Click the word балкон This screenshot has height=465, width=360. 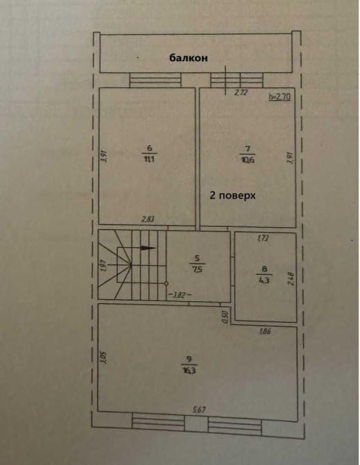click(188, 58)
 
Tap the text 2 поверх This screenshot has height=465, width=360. click(232, 196)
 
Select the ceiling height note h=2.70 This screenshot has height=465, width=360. click(280, 96)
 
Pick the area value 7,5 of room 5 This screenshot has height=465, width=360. click(197, 269)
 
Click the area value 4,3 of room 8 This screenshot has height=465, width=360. click(264, 280)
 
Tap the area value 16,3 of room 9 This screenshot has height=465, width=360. click(189, 370)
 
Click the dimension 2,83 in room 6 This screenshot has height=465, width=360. click(148, 219)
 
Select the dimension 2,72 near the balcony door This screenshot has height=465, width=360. click(241, 93)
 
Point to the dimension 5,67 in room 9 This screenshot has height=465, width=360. click(199, 410)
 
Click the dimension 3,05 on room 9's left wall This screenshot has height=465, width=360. click(103, 357)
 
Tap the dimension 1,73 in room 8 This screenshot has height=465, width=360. click(263, 237)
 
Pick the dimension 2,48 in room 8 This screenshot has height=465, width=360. click(291, 279)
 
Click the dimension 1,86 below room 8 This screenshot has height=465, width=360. click(265, 331)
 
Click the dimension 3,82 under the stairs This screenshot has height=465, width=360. click(180, 295)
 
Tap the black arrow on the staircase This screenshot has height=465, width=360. click(147, 248)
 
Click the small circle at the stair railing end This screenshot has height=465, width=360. click(166, 283)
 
